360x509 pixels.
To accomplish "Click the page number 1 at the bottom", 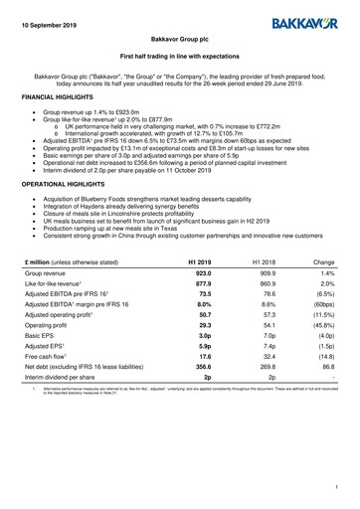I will click(337, 487).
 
